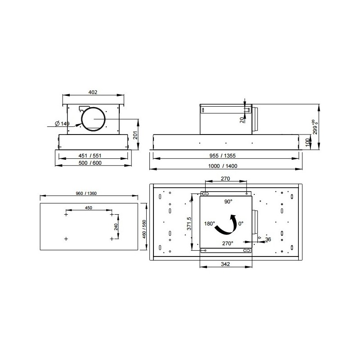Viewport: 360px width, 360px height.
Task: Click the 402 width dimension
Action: [93, 92]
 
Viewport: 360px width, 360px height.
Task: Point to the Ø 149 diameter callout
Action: [62, 124]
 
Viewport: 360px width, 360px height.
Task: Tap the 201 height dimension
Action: [135, 135]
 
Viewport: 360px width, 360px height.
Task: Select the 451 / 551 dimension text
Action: [90, 156]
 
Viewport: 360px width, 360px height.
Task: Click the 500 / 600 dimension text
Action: [90, 163]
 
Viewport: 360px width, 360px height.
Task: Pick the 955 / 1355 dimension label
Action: [222, 156]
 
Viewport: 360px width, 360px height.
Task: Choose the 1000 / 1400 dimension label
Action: [223, 166]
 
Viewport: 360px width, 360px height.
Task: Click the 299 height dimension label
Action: [315, 127]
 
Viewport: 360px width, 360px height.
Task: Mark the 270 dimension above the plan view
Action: [225, 179]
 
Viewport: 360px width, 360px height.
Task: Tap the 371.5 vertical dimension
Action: [189, 224]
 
